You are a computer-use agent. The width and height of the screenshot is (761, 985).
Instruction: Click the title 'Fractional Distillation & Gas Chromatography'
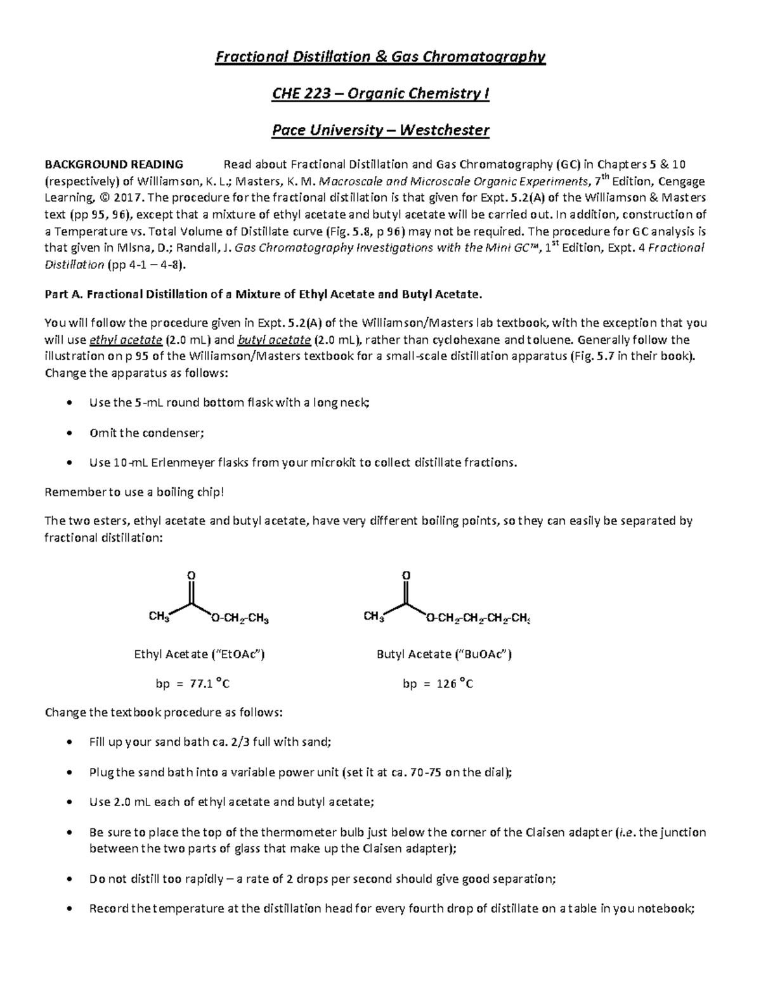pos(380,57)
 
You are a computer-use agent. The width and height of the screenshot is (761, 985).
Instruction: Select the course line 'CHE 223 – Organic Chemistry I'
pos(380,94)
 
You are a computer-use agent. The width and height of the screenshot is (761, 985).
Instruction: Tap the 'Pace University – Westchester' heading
pos(380,131)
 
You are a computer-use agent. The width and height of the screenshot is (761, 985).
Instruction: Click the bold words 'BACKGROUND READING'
pos(114,165)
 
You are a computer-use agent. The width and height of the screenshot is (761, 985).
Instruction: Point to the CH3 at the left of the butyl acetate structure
pos(374,617)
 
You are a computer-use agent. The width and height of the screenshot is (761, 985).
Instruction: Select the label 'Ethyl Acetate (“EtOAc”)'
pos(199,654)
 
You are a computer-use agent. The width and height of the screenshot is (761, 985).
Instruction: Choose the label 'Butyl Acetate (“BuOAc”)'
pos(444,654)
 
